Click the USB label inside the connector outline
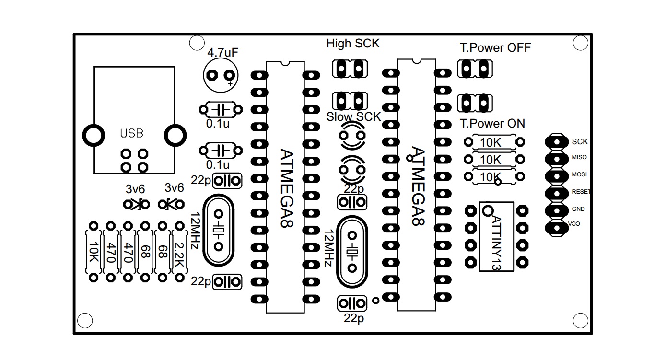tap(131, 133)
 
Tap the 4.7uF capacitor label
tap(222, 53)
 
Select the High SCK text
tap(353, 44)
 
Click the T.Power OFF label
tap(495, 48)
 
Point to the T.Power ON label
tap(492, 124)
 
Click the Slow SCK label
tap(353, 117)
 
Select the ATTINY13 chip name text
tap(497, 242)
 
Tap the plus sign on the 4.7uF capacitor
tap(231, 84)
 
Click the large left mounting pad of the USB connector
tap(93, 135)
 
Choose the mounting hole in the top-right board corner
tap(581, 43)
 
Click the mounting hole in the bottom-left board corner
tap(85, 321)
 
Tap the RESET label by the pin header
tap(581, 192)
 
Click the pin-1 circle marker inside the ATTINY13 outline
tap(488, 210)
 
